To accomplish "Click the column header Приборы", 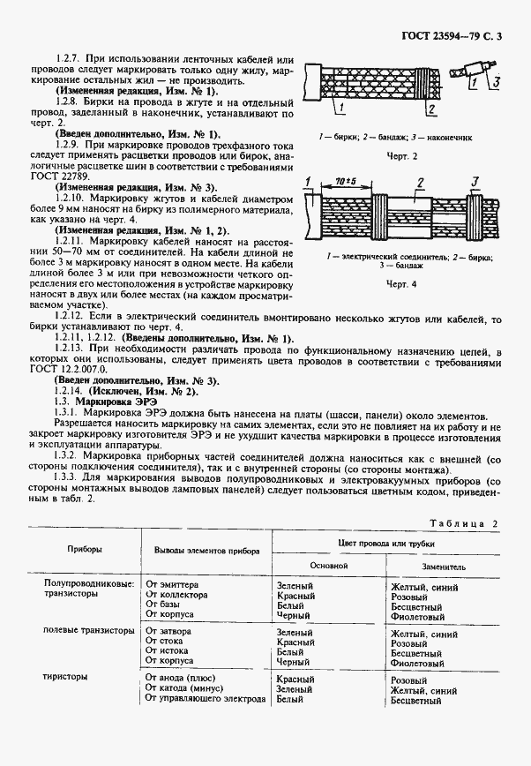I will (86, 549).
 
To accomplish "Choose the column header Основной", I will (327, 565).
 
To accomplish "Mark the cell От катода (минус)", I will (183, 689).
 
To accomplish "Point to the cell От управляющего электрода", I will (206, 700).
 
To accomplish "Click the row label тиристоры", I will (66, 678).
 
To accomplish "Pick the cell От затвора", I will (168, 632).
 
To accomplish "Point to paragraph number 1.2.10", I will (71, 199).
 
